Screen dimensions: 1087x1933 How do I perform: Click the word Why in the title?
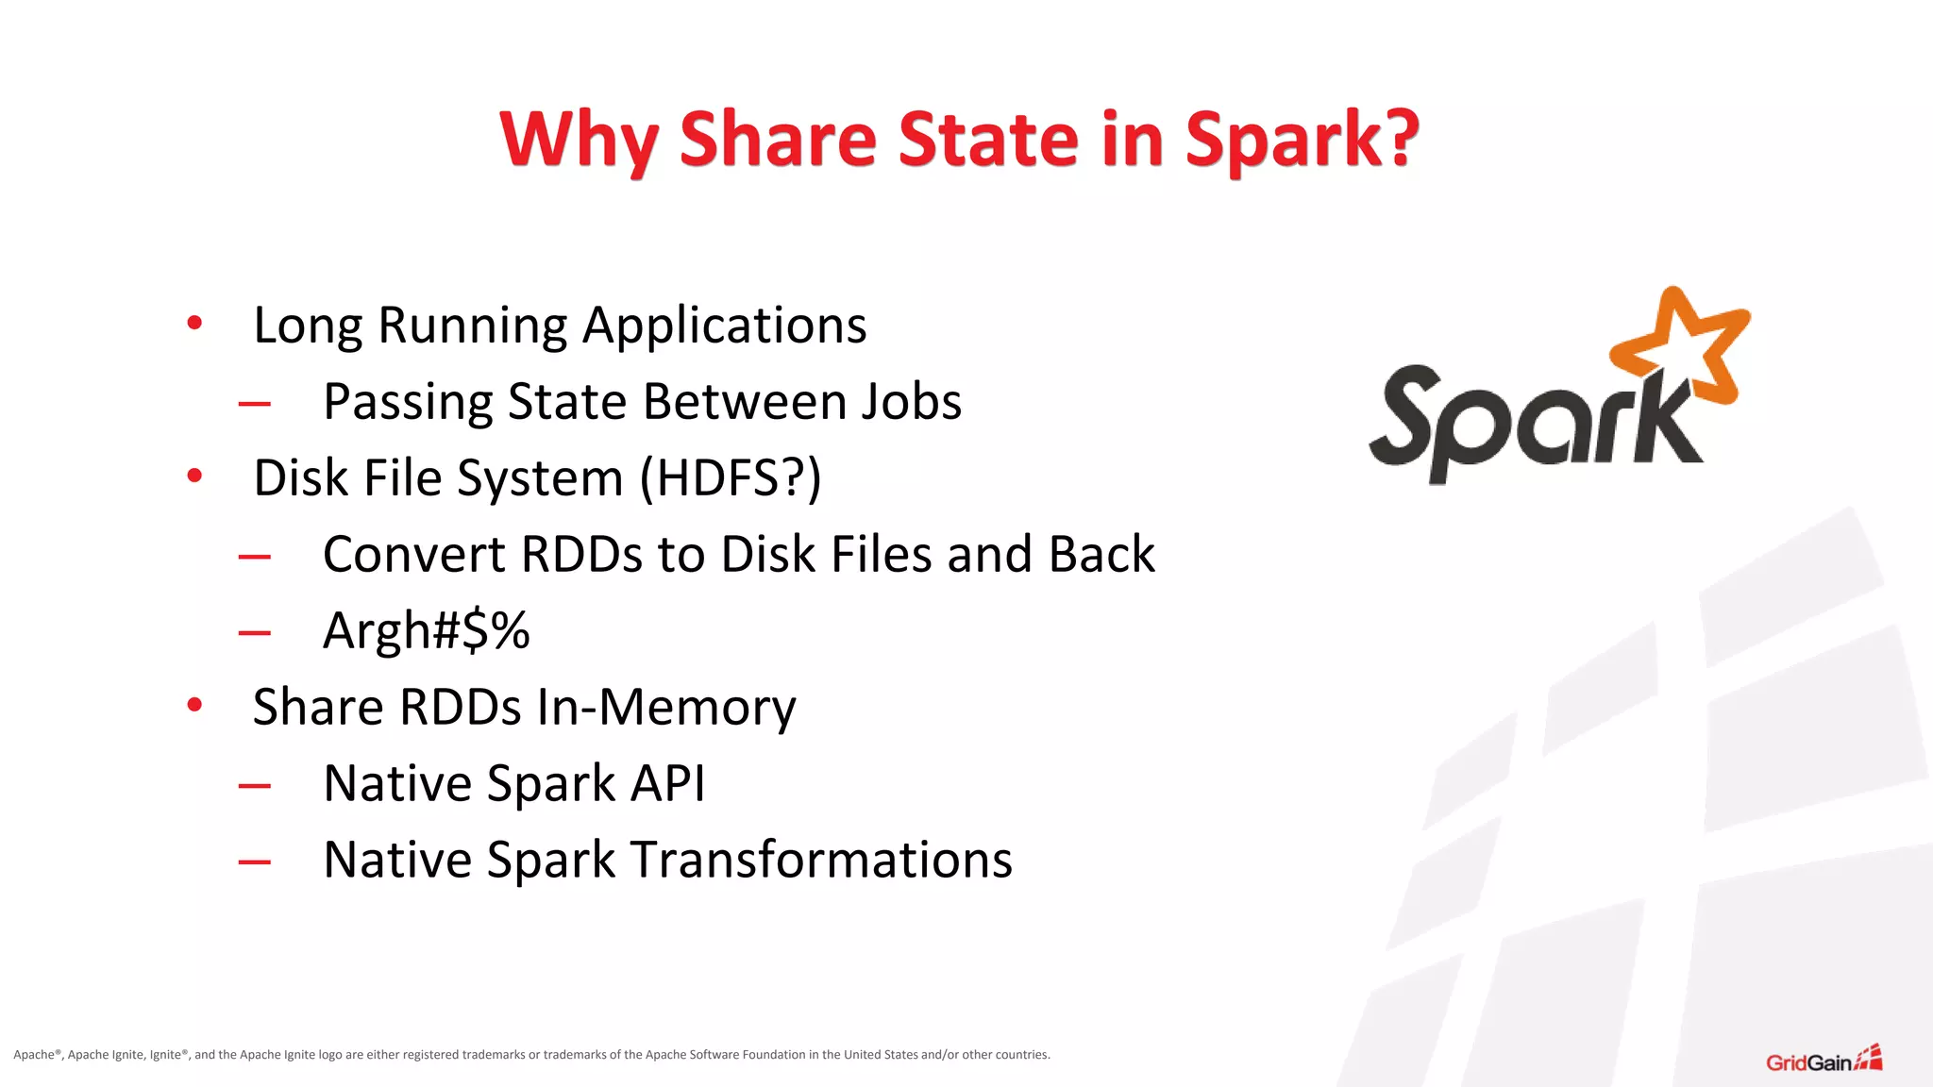pos(579,140)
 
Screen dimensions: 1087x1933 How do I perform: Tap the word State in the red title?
pos(987,140)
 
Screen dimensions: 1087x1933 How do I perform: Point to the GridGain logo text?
pos(1808,1062)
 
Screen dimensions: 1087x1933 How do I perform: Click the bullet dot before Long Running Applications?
pos(194,324)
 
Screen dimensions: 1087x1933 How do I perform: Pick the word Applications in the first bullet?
pos(724,326)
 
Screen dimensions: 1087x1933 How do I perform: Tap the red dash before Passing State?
pos(255,404)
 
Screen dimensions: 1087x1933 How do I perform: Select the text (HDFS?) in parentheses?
pos(731,478)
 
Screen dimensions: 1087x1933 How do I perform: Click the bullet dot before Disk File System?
pos(194,476)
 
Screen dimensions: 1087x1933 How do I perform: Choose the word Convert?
pos(414,554)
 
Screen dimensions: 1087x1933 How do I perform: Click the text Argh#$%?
pos(426,630)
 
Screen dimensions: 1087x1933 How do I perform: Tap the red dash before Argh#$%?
pos(255,633)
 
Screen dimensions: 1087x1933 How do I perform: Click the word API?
pos(668,783)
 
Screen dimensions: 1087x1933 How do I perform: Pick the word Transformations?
pos(821,860)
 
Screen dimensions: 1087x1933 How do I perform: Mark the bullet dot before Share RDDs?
pos(194,705)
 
